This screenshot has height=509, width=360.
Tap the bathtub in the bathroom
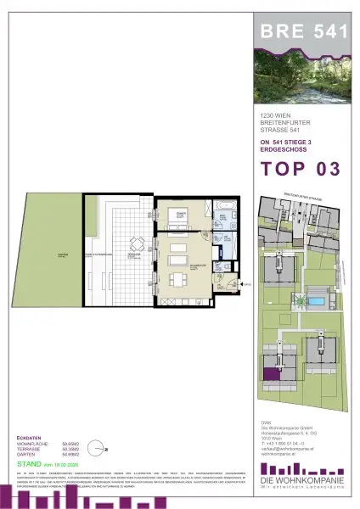[x=226, y=206]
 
